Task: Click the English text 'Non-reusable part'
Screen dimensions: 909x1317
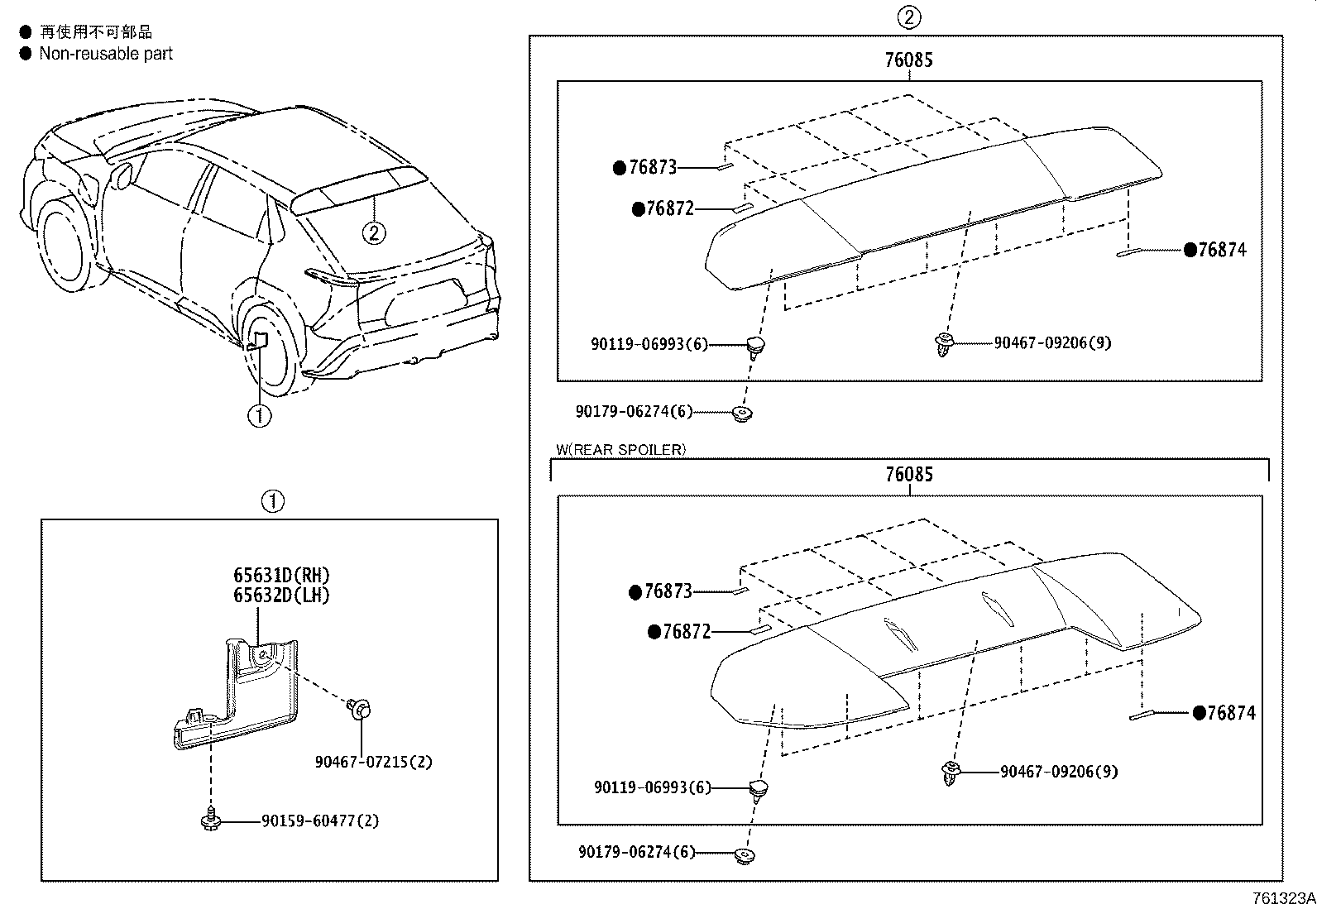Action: [x=106, y=54]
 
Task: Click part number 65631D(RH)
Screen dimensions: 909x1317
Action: [x=280, y=576]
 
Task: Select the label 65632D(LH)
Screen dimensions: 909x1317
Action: [x=280, y=595]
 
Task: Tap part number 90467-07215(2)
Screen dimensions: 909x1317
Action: [x=373, y=762]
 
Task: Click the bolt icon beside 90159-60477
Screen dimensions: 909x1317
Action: [x=210, y=820]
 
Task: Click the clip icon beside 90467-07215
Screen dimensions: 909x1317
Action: [x=361, y=709]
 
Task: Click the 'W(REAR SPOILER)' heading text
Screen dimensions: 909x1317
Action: [x=620, y=450]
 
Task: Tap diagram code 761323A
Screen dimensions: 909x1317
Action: [x=1281, y=898]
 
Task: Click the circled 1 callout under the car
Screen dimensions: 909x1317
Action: [x=260, y=415]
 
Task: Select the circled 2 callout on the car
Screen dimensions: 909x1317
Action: [x=374, y=233]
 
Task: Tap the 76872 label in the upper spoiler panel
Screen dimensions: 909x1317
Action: [x=669, y=209]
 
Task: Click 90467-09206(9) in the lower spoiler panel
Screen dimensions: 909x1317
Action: [x=1058, y=772]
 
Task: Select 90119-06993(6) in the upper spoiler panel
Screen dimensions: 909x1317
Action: [x=649, y=343]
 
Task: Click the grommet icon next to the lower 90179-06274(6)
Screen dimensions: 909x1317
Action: [x=742, y=855]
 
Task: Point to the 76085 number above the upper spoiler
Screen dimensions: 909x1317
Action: [x=908, y=60]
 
